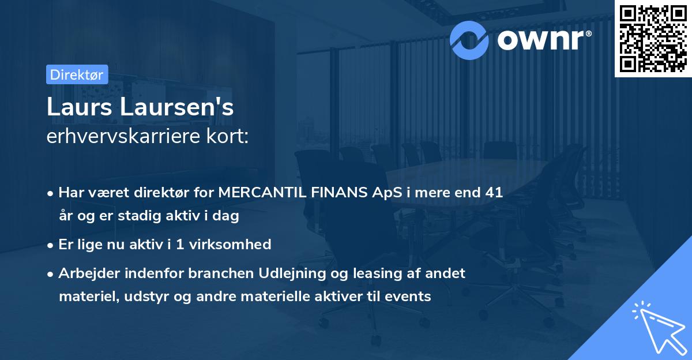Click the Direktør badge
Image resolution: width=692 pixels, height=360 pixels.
pos(77,74)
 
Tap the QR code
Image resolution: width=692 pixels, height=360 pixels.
pos(653,38)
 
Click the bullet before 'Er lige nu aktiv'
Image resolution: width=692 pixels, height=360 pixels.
pos(51,245)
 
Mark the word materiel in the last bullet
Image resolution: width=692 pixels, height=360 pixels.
pos(84,297)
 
